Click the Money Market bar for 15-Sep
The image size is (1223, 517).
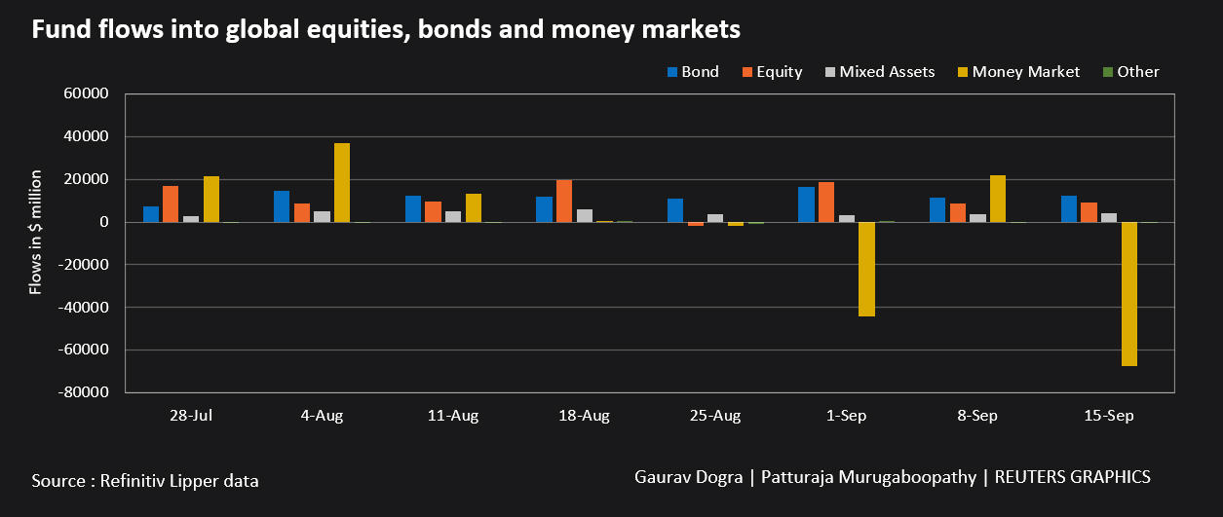pos(1129,294)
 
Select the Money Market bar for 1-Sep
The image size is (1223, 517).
pos(866,269)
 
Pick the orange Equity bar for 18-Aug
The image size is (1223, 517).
pos(564,202)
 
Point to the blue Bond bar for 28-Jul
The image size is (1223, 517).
pos(151,214)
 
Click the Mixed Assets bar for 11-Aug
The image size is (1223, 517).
pos(453,216)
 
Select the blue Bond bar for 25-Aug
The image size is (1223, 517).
pos(675,210)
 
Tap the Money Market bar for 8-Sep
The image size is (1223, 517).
pos(998,199)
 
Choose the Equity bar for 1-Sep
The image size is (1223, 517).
pos(826,203)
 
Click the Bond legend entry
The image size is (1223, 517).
pos(692,71)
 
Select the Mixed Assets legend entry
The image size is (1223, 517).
pos(878,71)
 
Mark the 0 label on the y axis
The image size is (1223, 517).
pos(102,222)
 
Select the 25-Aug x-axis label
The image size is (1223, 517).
pos(715,416)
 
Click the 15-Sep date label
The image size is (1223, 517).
pos(1110,416)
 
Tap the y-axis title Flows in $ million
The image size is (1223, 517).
pos(37,232)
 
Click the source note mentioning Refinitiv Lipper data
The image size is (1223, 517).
pos(145,480)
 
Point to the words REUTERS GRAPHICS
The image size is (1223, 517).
pos(1073,477)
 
